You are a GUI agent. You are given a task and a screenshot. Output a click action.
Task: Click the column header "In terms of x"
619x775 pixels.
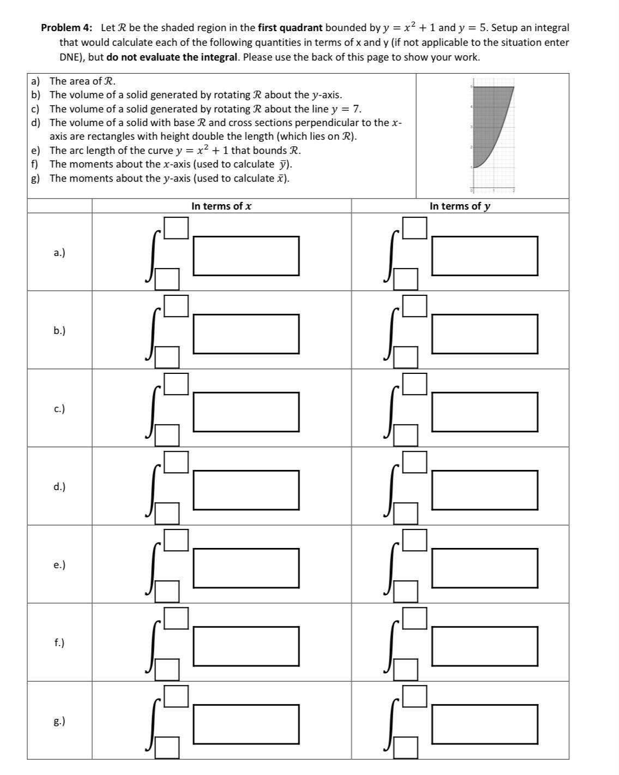(221, 206)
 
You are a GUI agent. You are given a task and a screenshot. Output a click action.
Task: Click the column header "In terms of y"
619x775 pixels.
(460, 206)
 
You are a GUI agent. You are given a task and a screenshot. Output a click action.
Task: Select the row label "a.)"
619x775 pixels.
(59, 252)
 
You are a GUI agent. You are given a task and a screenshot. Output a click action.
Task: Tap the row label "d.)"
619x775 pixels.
(59, 486)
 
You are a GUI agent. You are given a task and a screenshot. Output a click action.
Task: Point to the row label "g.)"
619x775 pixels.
(59, 721)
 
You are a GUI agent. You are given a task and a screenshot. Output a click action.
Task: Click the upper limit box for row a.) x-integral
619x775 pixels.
(177, 228)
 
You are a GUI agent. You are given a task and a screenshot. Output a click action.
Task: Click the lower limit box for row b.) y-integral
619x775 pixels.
(406, 357)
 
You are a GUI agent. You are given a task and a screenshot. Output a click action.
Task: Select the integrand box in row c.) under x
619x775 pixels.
(246, 412)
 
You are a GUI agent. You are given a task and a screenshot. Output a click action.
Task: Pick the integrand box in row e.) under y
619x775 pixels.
(484, 568)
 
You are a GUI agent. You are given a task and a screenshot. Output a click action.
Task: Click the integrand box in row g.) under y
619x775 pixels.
(484, 724)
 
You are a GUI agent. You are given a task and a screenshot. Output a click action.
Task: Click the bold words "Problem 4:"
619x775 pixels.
(67, 28)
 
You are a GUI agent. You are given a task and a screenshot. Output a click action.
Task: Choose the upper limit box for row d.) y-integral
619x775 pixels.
(415, 462)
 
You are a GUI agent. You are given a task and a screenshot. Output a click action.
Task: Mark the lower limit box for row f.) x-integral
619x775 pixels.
(167, 670)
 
